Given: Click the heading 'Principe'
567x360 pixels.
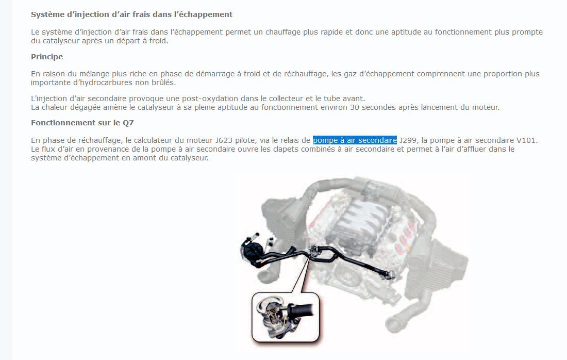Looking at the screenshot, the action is (x=46, y=56).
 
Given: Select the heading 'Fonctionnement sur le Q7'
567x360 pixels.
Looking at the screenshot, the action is (x=82, y=123).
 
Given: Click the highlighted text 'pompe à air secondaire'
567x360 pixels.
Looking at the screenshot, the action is (x=355, y=140).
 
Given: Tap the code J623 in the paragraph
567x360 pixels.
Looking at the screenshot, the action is (x=224, y=140).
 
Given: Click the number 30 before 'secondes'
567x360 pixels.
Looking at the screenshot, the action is (x=355, y=107).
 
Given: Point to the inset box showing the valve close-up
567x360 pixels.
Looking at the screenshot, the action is (x=286, y=317).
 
